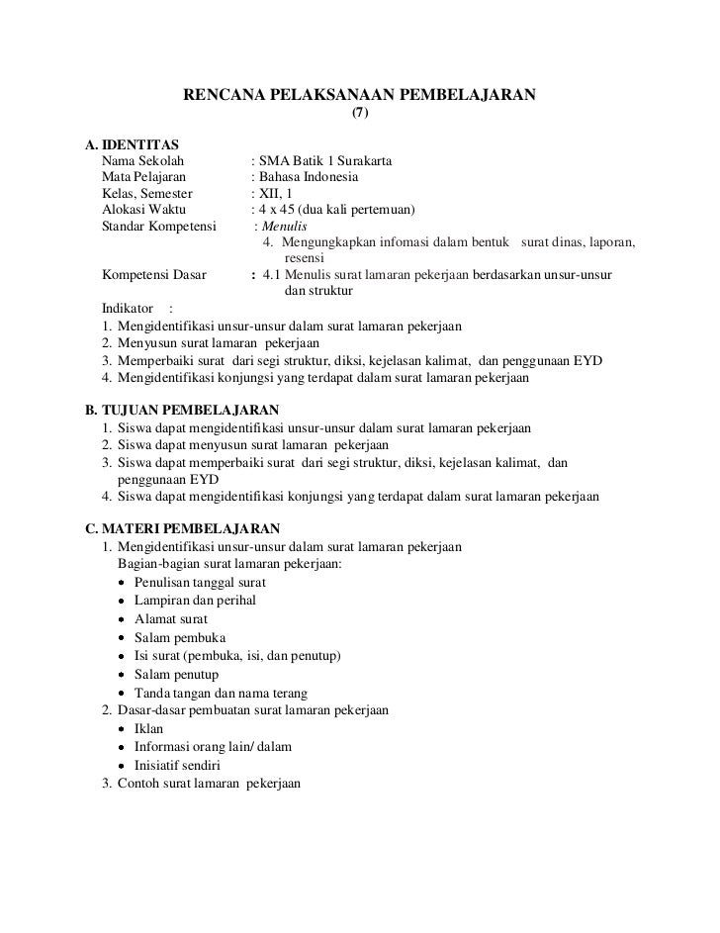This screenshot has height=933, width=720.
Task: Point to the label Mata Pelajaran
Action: click(x=141, y=178)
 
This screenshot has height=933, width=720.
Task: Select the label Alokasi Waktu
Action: click(x=137, y=211)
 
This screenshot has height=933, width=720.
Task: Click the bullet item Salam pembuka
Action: click(x=172, y=637)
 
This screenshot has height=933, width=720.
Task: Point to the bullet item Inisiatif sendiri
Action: click(x=177, y=766)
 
